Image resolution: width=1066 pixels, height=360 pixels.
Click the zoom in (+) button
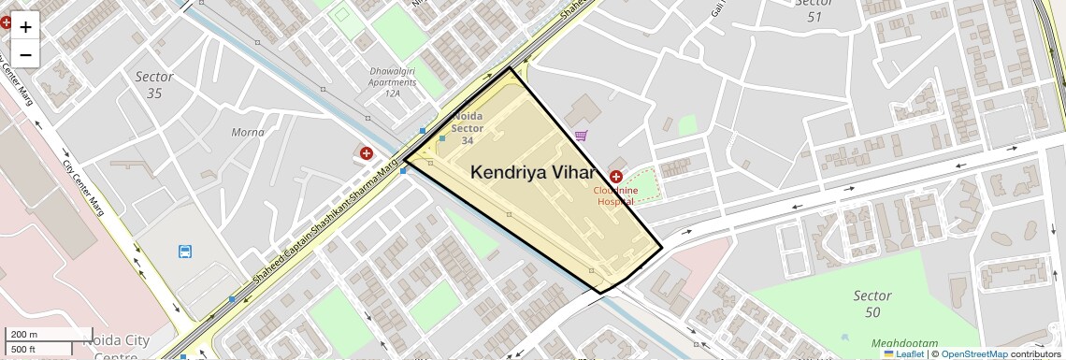coord(25,27)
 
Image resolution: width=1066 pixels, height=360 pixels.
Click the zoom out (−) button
coord(25,55)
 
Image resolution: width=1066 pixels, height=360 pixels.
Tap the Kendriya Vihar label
coord(533,172)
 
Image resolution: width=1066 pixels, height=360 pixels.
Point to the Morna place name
coord(248,132)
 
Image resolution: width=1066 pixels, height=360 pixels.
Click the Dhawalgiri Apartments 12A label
coord(392,87)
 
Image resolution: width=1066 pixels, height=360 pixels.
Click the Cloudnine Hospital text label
coord(615,195)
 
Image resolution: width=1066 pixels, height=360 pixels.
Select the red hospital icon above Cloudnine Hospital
coord(616,177)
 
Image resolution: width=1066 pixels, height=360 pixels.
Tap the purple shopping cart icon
coord(582,136)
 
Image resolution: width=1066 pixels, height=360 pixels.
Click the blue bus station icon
coord(185,252)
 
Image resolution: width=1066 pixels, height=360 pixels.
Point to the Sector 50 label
coord(872,304)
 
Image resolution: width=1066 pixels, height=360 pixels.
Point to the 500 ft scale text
coord(25,349)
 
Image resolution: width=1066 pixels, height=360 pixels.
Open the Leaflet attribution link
coord(902,353)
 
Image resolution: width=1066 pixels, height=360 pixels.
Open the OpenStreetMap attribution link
coord(974,353)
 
